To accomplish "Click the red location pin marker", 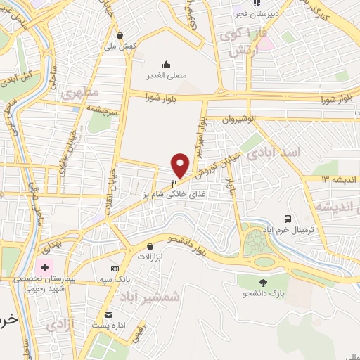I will click(x=181, y=165).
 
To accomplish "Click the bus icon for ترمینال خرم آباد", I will click(x=288, y=219).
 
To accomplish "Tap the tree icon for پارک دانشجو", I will click(x=264, y=263).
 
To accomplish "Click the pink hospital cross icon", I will click(x=45, y=267).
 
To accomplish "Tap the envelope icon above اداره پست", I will click(x=108, y=314).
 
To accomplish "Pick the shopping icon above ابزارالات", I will click(x=150, y=247).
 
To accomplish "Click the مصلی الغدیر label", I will click(x=167, y=75).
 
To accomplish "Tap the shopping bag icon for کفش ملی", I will click(x=120, y=34).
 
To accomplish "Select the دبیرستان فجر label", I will click(x=255, y=13).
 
